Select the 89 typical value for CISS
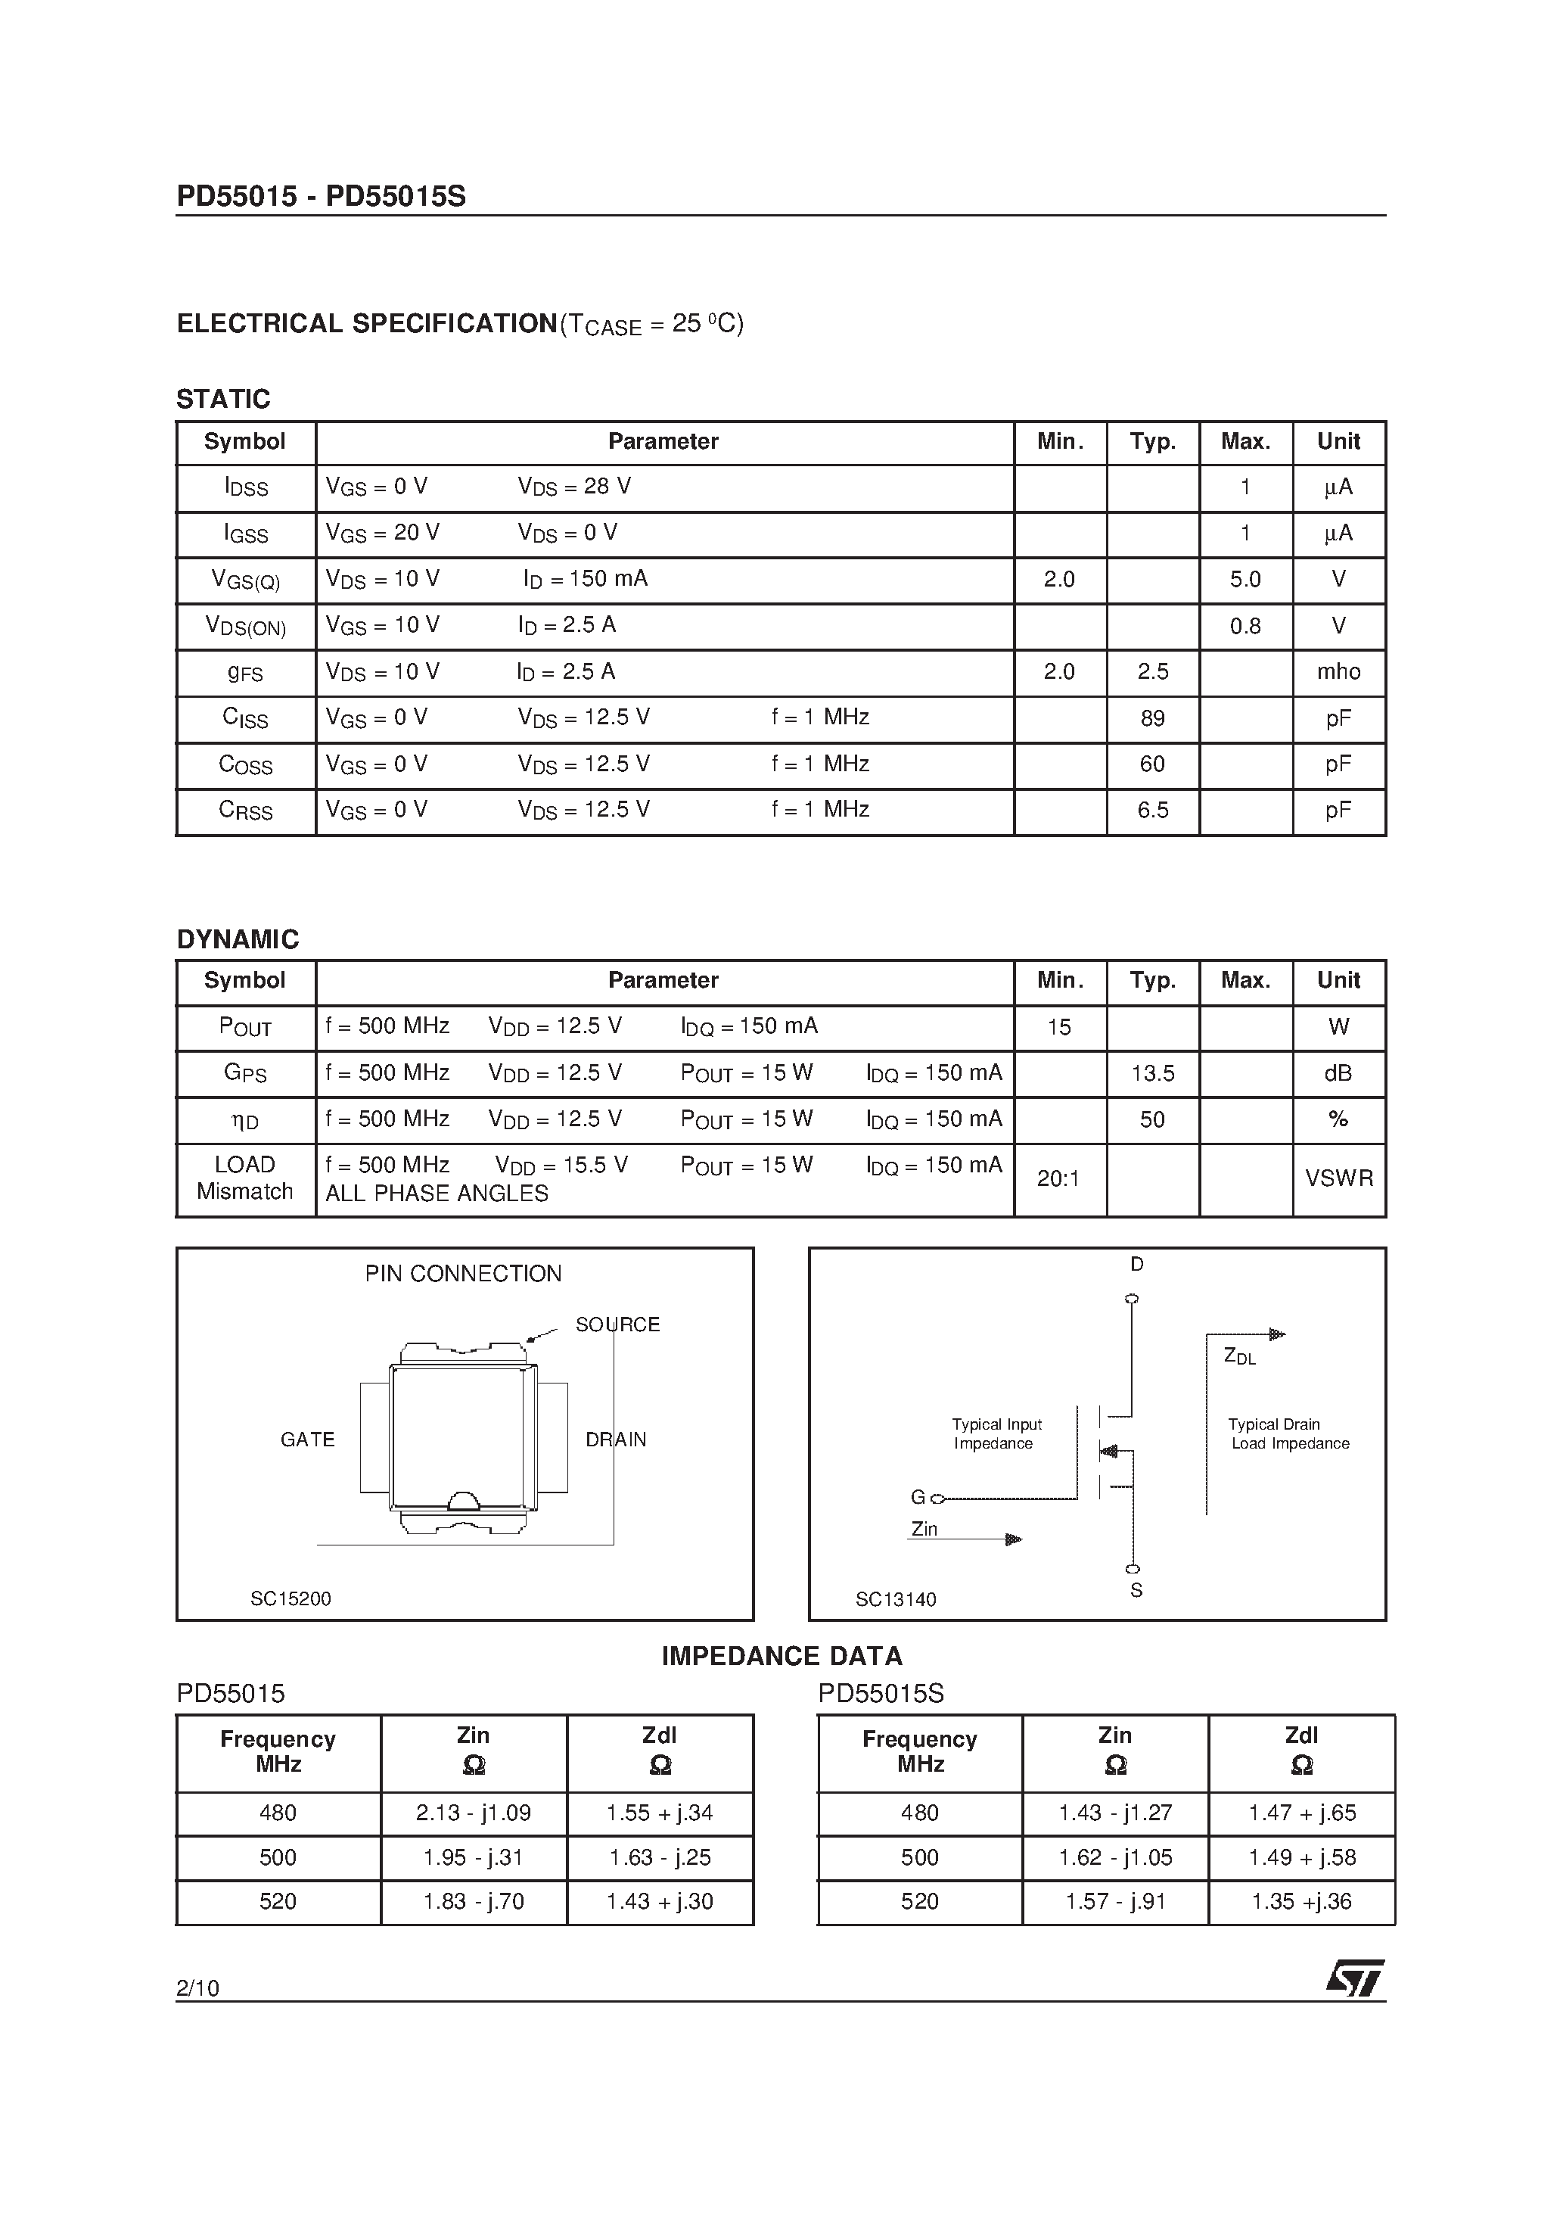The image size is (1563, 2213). tap(1151, 718)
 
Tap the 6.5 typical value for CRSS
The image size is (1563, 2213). tap(1151, 811)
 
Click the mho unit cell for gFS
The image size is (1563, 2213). tap(1338, 672)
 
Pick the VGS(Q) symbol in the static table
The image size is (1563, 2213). tap(245, 580)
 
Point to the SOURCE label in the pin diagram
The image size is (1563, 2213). tap(617, 1325)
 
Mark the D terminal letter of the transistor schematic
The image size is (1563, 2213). tap(1136, 1265)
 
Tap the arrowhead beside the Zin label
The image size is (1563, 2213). tap(1013, 1539)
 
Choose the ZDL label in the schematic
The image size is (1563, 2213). tap(1239, 1356)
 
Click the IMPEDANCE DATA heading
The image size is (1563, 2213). tap(781, 1657)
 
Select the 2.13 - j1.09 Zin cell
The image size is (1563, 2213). tap(473, 1813)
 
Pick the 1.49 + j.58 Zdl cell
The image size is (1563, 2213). tap(1301, 1857)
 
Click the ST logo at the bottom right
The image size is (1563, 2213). tap(1354, 1979)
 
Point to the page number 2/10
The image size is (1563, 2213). tap(197, 1987)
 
